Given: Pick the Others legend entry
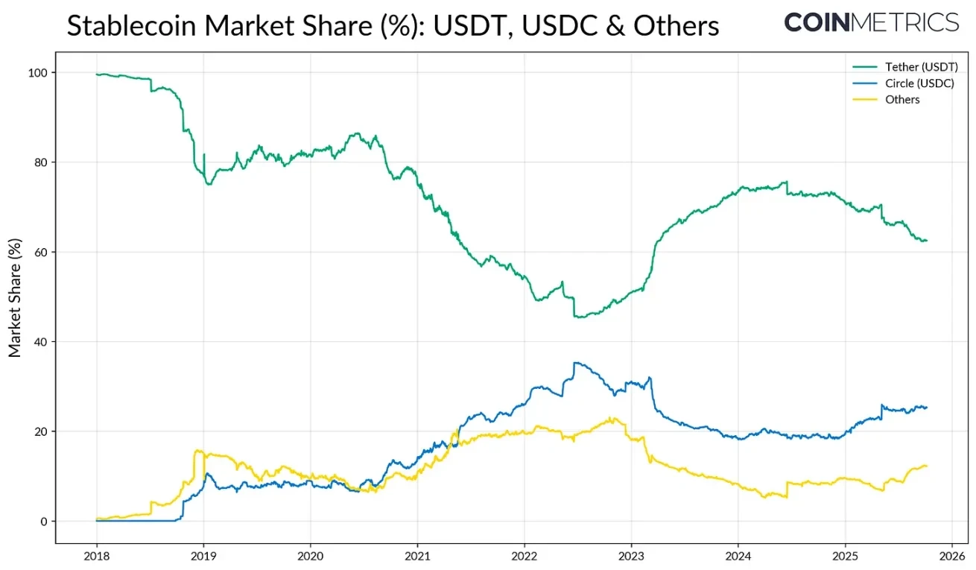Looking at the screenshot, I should coord(902,100).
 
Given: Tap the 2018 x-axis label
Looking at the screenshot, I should coord(97,555).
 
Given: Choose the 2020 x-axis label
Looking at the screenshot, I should coord(310,555).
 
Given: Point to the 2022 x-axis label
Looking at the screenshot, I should coord(524,555).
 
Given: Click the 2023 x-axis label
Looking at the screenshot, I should coord(631,555).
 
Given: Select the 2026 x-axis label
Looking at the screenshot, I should coord(951,555).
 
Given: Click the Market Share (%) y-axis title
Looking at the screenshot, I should coord(15,297).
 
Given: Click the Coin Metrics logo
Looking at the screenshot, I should coord(871,22).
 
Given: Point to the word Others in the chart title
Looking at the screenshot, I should coord(676,26).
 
